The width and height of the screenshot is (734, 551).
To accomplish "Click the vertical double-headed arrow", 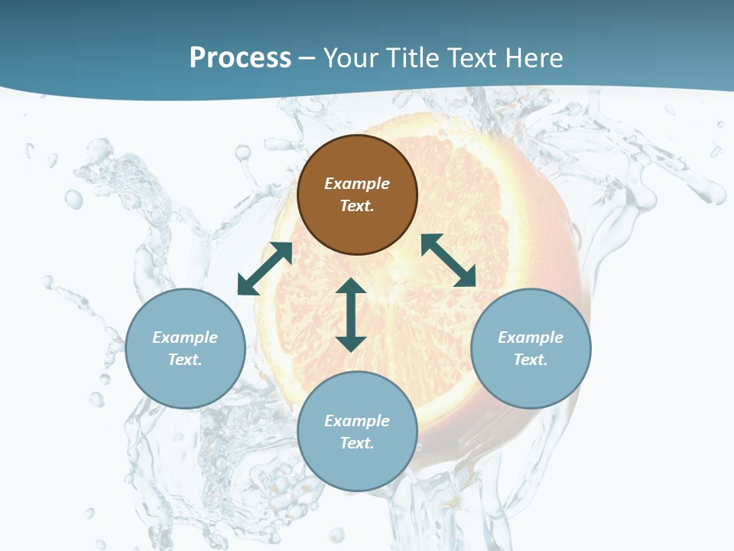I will pos(351,315).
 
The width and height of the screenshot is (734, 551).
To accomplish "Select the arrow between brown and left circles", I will pos(265,269).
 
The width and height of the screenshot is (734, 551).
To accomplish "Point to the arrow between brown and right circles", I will pos(448,260).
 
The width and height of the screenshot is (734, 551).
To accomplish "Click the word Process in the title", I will pos(240,57).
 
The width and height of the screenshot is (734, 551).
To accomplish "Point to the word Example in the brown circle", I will pos(357,184).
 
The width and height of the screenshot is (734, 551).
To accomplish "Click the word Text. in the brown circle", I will pos(357,206).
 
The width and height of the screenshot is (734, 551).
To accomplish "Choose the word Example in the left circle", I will pos(185,337).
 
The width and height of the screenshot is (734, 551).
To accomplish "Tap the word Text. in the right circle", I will pos(531,360).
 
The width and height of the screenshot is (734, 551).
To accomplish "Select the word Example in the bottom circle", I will pos(357,421).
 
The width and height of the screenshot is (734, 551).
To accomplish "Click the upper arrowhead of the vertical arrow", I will pos(351,286).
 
